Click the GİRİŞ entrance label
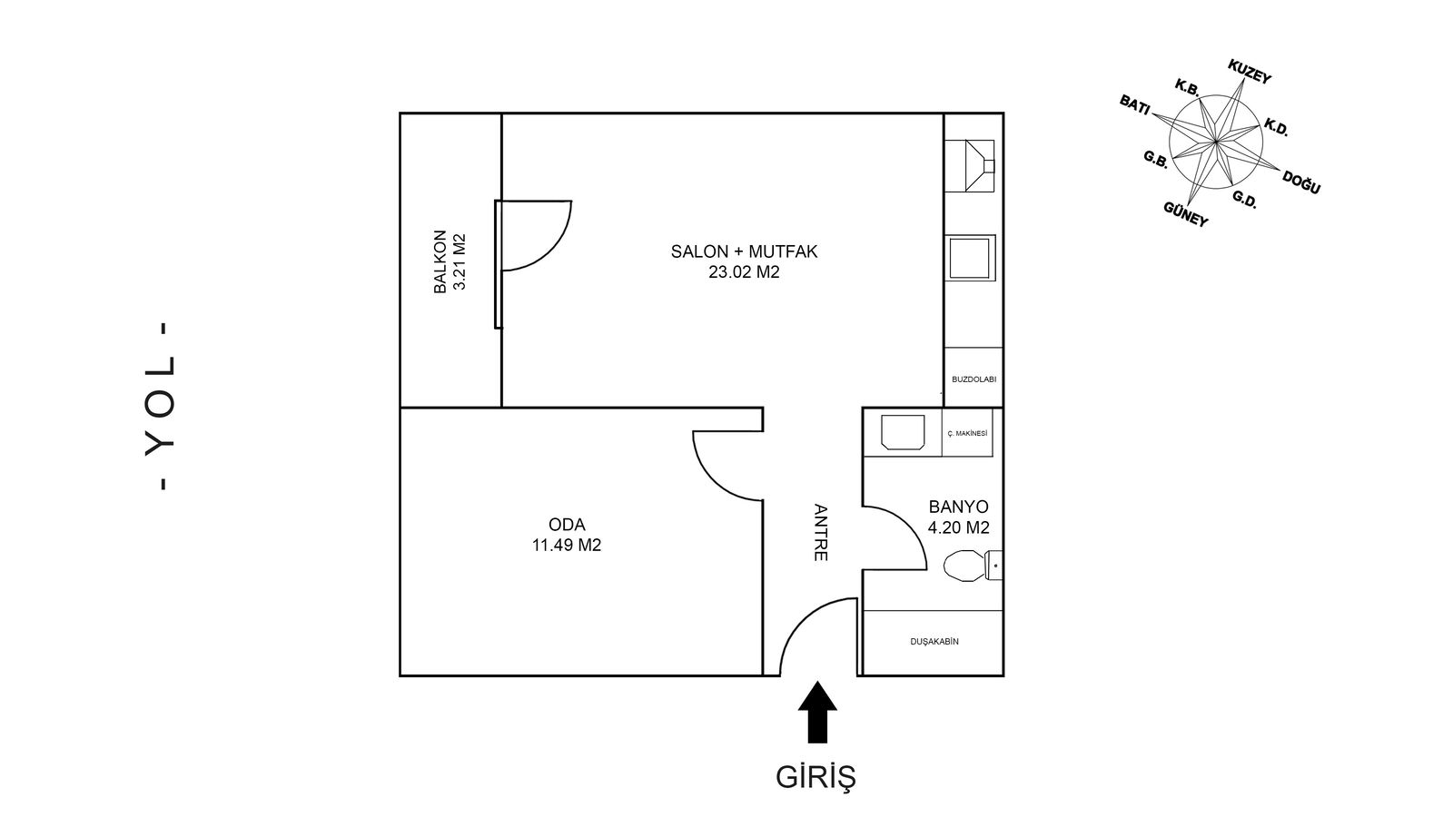(x=816, y=778)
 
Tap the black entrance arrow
(x=817, y=712)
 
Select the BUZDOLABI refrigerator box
(x=974, y=378)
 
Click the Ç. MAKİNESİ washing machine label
(x=967, y=433)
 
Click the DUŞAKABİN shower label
(x=934, y=641)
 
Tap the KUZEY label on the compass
(x=1250, y=72)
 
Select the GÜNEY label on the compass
(x=1186, y=214)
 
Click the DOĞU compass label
(x=1301, y=182)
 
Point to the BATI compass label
(x=1134, y=104)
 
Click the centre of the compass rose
(x=1216, y=141)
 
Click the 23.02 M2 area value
(x=744, y=272)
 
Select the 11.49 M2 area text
(x=567, y=546)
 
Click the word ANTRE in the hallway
(x=821, y=532)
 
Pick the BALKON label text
(x=440, y=261)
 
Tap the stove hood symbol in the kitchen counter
(x=969, y=166)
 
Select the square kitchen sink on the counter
(x=970, y=258)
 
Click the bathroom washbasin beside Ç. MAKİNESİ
(x=903, y=432)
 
